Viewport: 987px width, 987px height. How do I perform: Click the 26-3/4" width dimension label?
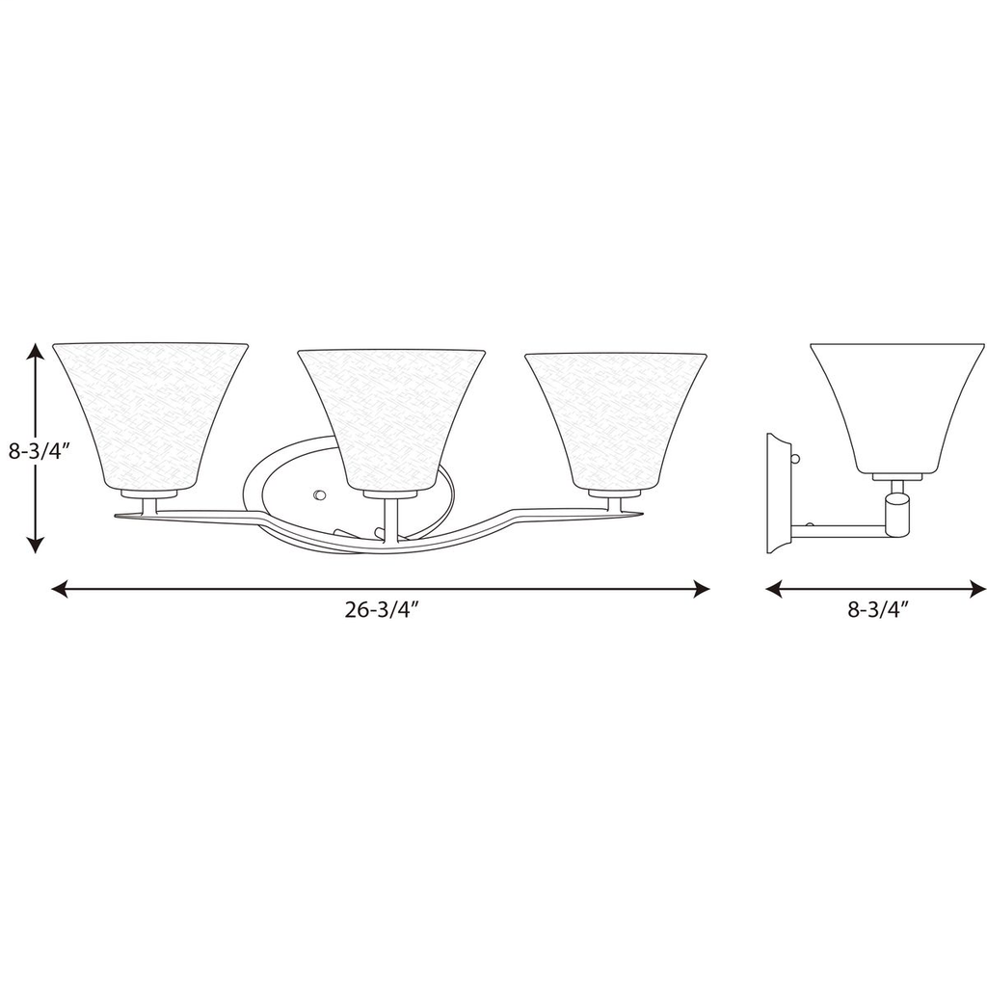380,610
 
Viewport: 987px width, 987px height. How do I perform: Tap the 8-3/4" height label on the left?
36,450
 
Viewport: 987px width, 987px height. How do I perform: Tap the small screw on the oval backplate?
320,494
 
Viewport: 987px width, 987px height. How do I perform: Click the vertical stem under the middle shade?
389,520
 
